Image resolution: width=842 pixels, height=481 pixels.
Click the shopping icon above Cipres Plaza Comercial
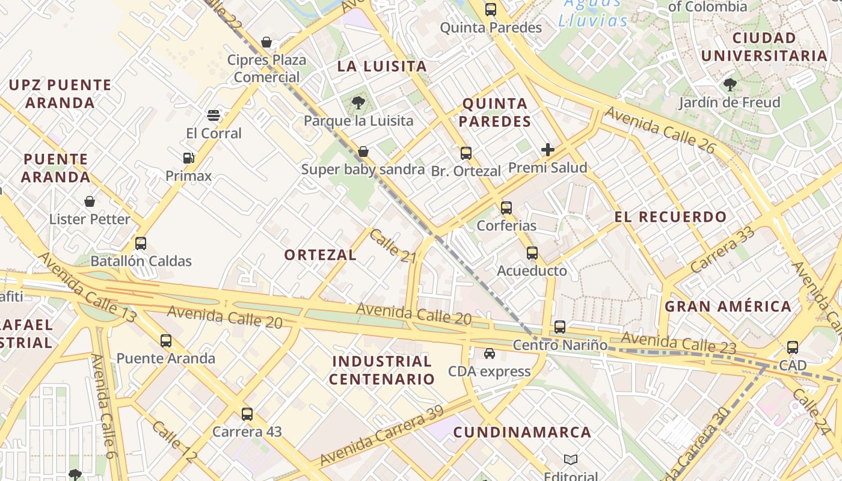pos(266,43)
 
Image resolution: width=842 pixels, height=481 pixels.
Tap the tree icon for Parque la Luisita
pos(358,103)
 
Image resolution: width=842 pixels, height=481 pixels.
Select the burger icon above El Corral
pos(213,115)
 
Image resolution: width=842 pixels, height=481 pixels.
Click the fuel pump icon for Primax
pos(189,158)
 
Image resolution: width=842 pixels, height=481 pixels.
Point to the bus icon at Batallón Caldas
pos(141,244)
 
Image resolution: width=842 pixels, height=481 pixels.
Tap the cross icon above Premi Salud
pos(548,150)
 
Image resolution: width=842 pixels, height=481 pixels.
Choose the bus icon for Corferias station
pos(506,208)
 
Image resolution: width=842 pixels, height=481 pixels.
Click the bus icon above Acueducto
pos(532,253)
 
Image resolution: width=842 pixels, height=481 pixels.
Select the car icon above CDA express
pos(490,354)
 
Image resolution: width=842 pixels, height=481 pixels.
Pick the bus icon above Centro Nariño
pos(560,327)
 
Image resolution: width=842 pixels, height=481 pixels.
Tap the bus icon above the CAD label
pos(793,348)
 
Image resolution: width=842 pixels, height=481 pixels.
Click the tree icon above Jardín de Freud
pos(730,85)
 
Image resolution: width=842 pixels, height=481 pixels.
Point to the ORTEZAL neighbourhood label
pos(321,255)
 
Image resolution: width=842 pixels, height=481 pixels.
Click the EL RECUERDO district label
pos(671,217)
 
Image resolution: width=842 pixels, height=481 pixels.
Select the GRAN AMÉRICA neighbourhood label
pos(728,306)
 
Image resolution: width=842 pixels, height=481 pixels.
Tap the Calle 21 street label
pos(393,245)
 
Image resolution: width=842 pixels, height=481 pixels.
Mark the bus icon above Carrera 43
pos(247,414)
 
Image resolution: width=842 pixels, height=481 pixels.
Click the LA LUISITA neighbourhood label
pos(382,66)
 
